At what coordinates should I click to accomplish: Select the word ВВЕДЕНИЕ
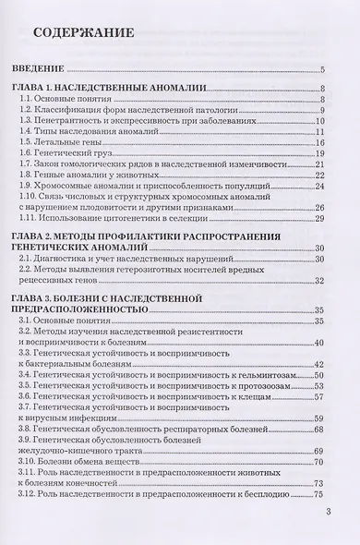[x=50, y=70]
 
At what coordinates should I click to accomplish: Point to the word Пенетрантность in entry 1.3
[x=74, y=120]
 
